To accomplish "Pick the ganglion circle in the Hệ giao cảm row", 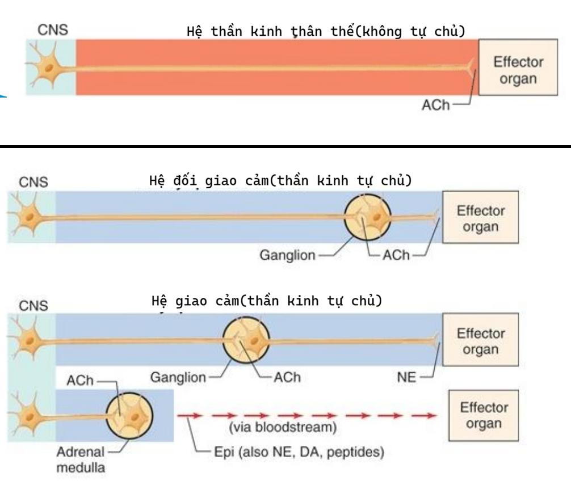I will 245,340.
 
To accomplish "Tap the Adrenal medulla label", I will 78,460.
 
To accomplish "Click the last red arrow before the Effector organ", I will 427,416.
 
